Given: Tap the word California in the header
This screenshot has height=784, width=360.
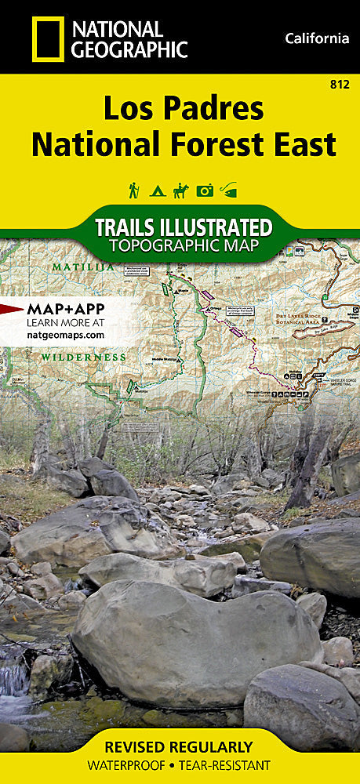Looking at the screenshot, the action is pos(317,38).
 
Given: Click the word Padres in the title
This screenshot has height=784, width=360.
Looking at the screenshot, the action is pos(211,109).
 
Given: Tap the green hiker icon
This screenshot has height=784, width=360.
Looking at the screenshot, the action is pos(134,190).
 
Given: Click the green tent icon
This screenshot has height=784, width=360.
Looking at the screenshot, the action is pos(157,191).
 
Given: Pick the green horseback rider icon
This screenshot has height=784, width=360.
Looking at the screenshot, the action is pos(180,190).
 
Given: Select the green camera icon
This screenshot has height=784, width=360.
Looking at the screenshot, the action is pos(205,191).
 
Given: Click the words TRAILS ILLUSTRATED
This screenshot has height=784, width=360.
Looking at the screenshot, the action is pos(183,228).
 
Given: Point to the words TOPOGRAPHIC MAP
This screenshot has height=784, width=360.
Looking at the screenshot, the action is pos(183,246).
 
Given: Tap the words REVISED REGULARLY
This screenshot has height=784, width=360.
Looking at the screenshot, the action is pos(180,746).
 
